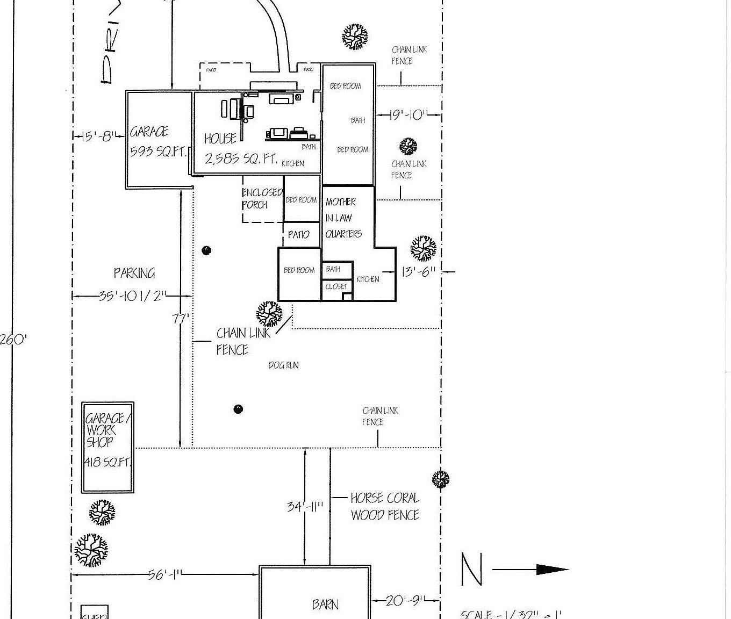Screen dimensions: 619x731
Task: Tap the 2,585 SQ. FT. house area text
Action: coord(241,159)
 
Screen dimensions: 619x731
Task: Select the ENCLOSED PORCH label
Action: coord(261,198)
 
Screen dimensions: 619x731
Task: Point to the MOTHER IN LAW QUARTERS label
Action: coord(343,218)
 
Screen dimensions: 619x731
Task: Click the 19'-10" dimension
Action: coord(408,115)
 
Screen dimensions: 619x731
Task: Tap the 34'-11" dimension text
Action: coord(305,506)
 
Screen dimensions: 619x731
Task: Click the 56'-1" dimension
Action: coord(165,575)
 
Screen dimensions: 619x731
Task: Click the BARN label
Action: coord(325,604)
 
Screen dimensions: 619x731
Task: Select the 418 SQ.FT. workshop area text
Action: coord(107,462)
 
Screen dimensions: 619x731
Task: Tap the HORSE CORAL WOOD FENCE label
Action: coord(385,506)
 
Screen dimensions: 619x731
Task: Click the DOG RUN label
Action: coord(283,365)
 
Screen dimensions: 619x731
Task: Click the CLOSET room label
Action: coord(336,287)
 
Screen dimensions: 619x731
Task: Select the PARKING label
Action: coord(134,273)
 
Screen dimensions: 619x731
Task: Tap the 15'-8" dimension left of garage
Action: coord(98,136)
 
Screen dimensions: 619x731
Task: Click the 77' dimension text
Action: coord(181,319)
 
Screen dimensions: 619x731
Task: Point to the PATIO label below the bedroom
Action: coord(298,235)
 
